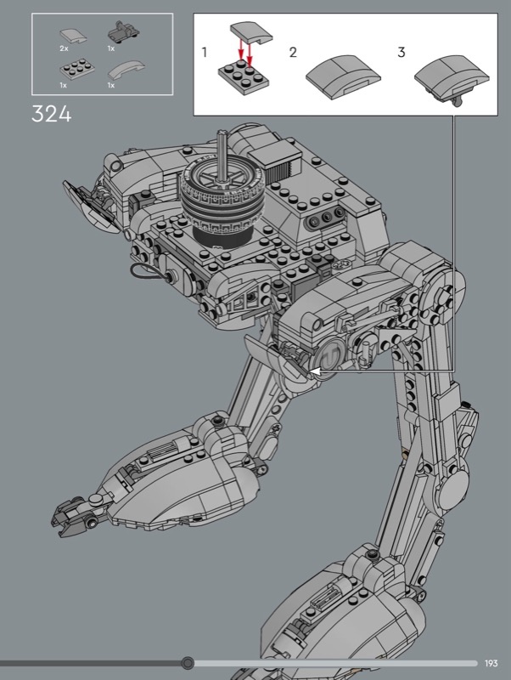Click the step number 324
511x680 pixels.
click(x=51, y=115)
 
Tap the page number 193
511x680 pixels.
click(x=491, y=663)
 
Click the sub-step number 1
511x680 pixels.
click(x=205, y=53)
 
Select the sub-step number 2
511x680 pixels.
click(x=293, y=53)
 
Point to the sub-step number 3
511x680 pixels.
click(x=401, y=53)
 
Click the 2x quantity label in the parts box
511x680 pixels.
click(x=65, y=48)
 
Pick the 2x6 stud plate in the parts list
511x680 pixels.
click(x=78, y=69)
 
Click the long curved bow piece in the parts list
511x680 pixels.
click(x=126, y=71)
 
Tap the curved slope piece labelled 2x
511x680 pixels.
click(x=73, y=36)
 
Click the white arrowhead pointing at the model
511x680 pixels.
click(x=316, y=371)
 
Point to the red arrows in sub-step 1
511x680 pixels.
click(x=245, y=51)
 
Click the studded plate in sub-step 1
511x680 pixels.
click(x=243, y=78)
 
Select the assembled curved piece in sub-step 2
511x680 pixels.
click(x=343, y=76)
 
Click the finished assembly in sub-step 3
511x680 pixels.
click(x=452, y=78)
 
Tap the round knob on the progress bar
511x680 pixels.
click(x=188, y=663)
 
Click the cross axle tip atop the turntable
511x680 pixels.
click(x=222, y=133)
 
